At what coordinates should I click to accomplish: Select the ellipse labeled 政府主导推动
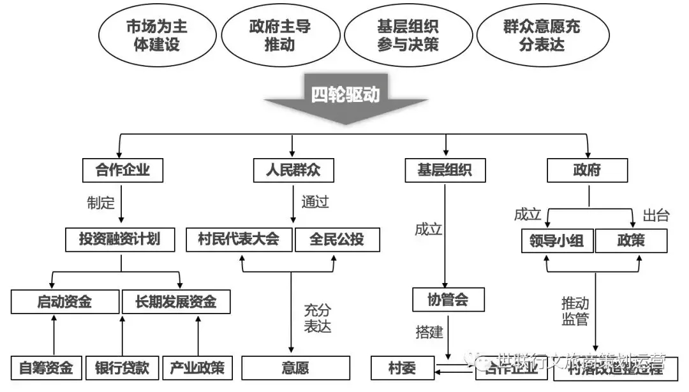[x=279, y=36]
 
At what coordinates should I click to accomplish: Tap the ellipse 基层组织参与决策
[x=407, y=36]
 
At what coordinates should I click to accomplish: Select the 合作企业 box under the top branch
[x=122, y=170]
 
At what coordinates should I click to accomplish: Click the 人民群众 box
[x=293, y=170]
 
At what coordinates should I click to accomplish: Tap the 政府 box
[x=587, y=170]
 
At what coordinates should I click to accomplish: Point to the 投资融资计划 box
[x=119, y=239]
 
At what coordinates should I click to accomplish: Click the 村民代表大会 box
[x=240, y=239]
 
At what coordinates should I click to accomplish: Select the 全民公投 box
[x=337, y=239]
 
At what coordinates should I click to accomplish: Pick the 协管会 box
[x=448, y=299]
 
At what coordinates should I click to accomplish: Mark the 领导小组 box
[x=557, y=241]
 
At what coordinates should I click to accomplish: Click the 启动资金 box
[x=65, y=301]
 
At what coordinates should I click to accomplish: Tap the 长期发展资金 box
[x=175, y=301]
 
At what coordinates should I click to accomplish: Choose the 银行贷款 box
[x=122, y=368]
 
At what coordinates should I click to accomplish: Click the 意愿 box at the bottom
[x=295, y=368]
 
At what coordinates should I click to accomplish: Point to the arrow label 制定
[x=101, y=203]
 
